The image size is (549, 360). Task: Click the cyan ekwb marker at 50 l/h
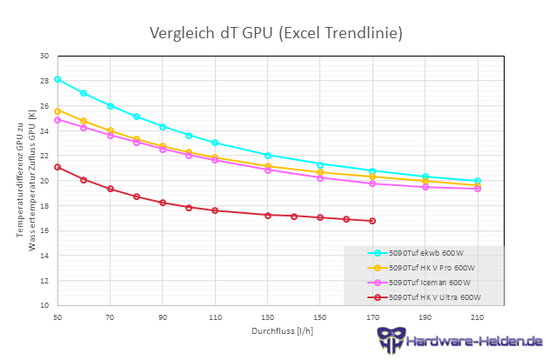[57, 79]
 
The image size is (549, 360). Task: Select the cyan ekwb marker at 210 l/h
[478, 181]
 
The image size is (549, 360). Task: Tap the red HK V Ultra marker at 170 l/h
[372, 221]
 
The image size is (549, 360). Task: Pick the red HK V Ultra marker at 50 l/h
[57, 167]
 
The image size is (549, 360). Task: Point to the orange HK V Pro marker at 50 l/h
[57, 111]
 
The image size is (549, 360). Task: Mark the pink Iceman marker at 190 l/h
[425, 187]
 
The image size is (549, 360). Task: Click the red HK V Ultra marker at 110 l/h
[215, 210]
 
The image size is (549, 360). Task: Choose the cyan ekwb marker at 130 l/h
[268, 156]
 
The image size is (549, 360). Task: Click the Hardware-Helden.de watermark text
[473, 341]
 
